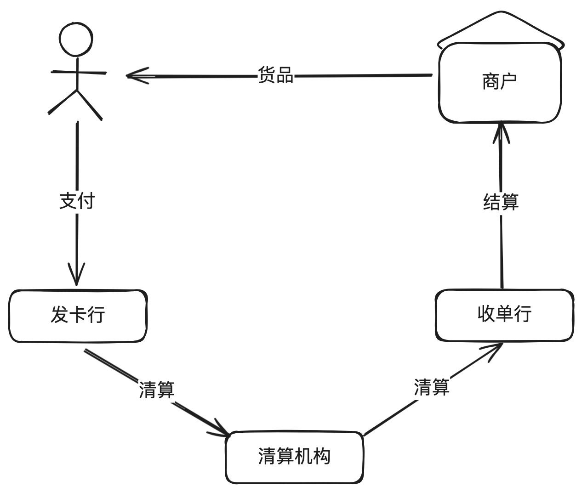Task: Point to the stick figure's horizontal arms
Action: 78,73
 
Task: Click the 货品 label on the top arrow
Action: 275,75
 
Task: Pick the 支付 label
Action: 77,201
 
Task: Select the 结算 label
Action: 501,202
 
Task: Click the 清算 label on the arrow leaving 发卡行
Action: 157,390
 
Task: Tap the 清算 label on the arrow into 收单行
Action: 431,387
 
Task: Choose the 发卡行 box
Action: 78,316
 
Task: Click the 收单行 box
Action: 504,315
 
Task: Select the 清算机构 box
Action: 294,457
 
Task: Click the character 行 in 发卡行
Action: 97,316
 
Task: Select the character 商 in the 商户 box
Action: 491,82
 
